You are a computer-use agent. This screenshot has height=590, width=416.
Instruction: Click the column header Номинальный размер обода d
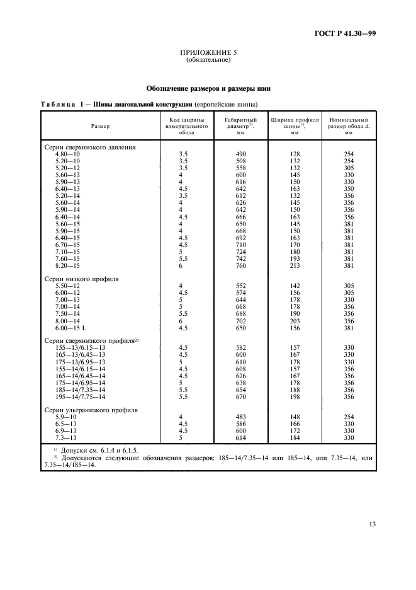click(348, 126)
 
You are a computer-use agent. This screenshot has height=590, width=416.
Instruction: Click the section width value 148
click(294, 417)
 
